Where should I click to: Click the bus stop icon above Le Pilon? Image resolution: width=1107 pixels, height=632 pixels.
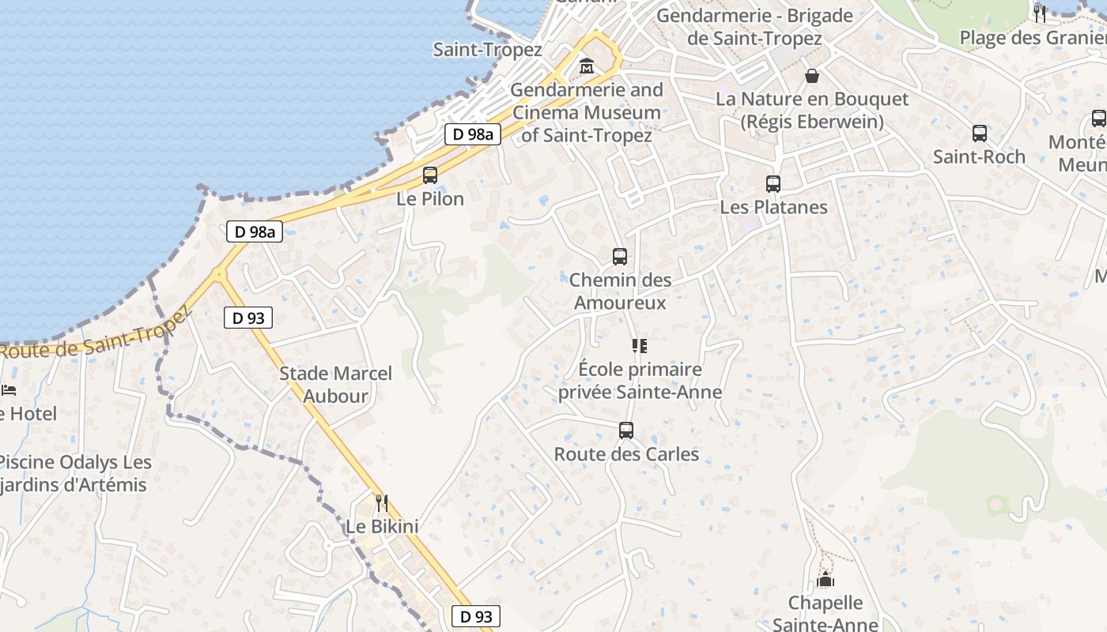[430, 175]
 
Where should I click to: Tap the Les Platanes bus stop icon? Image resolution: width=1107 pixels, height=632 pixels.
[773, 184]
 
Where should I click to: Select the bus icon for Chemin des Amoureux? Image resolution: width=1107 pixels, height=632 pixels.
[620, 257]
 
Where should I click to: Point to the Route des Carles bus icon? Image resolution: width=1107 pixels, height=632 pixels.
[626, 431]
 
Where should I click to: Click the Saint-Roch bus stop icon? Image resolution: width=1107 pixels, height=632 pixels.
[980, 134]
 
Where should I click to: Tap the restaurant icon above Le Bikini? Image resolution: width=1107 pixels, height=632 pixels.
[382, 502]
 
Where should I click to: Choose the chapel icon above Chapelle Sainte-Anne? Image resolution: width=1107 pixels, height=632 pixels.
[826, 580]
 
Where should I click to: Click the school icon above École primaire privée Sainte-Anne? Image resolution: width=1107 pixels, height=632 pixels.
[639, 345]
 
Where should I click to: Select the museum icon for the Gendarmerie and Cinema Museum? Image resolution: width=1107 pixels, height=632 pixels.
[587, 66]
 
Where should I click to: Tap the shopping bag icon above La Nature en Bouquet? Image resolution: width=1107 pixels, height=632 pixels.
[812, 76]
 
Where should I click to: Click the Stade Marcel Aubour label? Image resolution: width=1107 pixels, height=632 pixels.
[335, 385]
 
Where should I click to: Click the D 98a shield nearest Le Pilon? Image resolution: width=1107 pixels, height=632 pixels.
[473, 134]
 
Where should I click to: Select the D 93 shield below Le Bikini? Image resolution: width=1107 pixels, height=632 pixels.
[476, 616]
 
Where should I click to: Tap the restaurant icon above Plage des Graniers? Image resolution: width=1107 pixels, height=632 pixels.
[1040, 13]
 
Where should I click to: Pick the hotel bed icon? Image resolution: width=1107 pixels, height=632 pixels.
[8, 390]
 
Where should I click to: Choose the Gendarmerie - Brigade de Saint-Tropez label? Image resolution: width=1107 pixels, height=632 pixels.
[754, 27]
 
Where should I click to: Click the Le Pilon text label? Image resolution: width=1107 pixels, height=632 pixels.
[430, 199]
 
